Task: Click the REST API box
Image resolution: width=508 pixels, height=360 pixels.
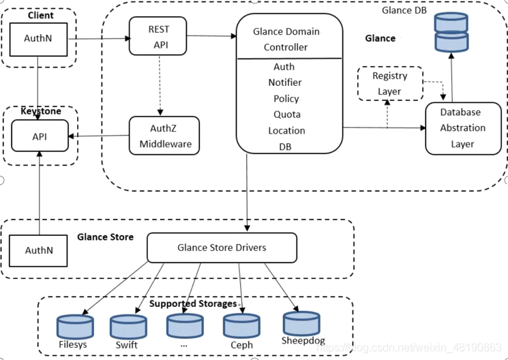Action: tap(158, 37)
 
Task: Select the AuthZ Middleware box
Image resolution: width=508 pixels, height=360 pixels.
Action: tap(165, 135)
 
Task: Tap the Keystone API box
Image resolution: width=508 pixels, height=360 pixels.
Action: tap(40, 136)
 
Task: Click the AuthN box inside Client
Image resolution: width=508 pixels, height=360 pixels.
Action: tap(39, 40)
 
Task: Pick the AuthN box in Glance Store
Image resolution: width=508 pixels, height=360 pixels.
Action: tap(39, 250)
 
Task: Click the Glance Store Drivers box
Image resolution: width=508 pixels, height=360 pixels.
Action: tap(222, 247)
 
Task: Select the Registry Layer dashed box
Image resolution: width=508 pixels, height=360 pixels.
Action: tap(389, 83)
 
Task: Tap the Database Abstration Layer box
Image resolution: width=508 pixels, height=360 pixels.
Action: tap(462, 128)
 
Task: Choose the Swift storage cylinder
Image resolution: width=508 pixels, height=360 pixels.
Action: tap(127, 327)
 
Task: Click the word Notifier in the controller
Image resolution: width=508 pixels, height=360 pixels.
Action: tap(285, 82)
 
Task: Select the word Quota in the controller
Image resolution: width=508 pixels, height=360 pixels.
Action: tap(287, 115)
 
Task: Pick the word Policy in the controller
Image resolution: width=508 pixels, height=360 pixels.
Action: tap(286, 99)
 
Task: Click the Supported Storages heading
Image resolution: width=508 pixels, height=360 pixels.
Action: tap(193, 303)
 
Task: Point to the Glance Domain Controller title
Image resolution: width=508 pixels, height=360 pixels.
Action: tap(286, 40)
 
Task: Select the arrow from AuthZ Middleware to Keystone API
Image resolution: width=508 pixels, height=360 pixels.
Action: tap(100, 136)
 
